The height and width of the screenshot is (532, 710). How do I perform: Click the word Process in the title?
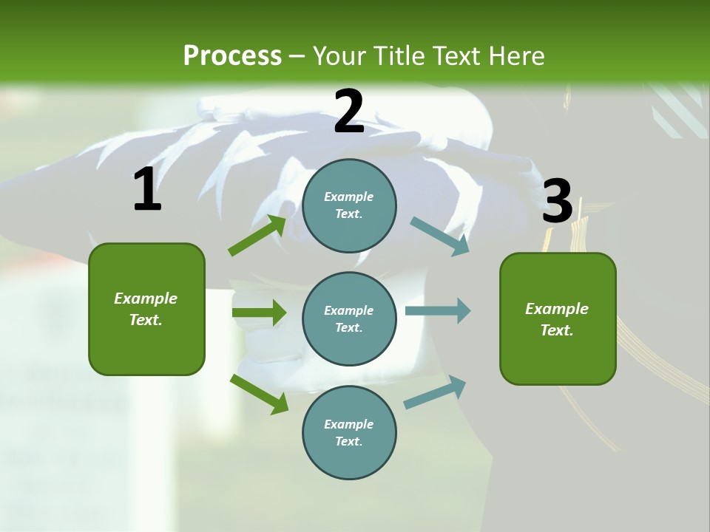(232, 56)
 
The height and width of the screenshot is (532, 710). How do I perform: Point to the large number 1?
(147, 190)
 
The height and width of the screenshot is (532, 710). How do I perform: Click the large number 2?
(349, 112)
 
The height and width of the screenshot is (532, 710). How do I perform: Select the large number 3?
(557, 201)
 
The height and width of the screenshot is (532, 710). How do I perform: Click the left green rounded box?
(146, 309)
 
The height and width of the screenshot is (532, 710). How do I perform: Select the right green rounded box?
(558, 318)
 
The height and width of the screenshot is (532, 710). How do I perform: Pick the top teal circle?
(349, 205)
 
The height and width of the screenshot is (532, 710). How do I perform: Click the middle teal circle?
(349, 318)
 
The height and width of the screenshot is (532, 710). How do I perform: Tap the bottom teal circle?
(349, 432)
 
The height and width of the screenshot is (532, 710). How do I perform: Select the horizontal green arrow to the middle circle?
(259, 313)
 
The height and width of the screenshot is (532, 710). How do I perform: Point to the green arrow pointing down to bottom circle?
(259, 394)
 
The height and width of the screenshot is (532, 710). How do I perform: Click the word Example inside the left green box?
(146, 299)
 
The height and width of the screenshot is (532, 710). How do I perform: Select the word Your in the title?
(338, 56)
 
